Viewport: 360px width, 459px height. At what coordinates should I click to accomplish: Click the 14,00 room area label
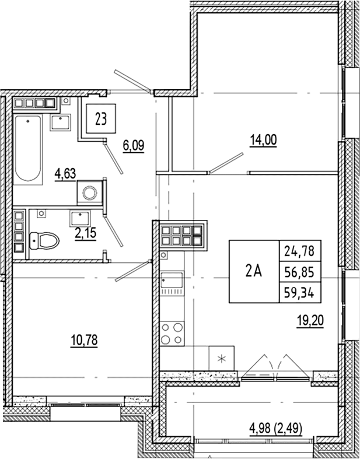point(263,140)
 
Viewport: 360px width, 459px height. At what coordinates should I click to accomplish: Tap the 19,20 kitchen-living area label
point(310,321)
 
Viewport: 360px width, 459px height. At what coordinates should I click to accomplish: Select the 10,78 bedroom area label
point(84,341)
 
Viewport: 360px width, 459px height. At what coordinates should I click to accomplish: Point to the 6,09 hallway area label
point(134,145)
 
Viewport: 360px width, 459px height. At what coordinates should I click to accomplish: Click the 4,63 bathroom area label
point(65,174)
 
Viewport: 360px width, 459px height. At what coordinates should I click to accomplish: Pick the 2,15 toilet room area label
point(86,233)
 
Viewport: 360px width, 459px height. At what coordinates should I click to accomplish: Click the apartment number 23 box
point(101,119)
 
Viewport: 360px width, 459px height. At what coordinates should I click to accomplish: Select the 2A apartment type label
point(254,272)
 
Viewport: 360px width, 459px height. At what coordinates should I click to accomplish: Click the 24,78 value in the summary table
point(299,251)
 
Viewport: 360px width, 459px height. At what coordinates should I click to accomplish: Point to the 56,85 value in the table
point(299,272)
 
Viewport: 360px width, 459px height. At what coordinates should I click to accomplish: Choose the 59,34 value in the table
point(299,293)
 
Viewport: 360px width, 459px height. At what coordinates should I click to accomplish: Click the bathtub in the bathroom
point(28,149)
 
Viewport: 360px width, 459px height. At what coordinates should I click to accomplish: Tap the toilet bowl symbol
point(44,241)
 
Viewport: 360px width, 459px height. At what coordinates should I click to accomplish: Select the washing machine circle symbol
point(90,192)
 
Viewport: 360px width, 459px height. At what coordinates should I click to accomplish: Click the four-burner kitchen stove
point(172,334)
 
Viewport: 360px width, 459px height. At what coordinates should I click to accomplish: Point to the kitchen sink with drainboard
point(172,283)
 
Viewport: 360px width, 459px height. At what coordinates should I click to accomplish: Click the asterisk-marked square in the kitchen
point(222,358)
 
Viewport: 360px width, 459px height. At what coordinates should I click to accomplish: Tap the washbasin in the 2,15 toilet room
point(80,218)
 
